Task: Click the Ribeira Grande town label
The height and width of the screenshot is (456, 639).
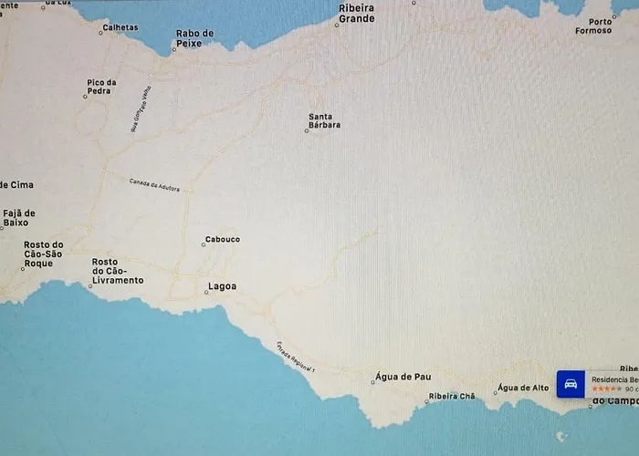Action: (356, 13)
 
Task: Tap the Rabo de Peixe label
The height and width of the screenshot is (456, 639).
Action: (194, 37)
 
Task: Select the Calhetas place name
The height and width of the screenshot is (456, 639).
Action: (120, 27)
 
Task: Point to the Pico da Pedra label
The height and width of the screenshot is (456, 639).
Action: (101, 88)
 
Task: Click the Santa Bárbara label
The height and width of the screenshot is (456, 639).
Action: (325, 120)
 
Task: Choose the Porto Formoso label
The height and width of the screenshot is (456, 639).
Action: (600, 26)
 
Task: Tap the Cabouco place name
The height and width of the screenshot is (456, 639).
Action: (223, 240)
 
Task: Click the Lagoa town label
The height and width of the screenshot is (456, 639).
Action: (223, 286)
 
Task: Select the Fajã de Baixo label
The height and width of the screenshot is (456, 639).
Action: (17, 218)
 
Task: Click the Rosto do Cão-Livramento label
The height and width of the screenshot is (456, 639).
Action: (118, 271)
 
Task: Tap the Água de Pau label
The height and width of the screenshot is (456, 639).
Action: (403, 377)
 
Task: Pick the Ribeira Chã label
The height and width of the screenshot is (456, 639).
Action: (450, 397)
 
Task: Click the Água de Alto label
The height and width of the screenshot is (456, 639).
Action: (524, 388)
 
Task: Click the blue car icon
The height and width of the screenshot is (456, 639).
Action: (571, 384)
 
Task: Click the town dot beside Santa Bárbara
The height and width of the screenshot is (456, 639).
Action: (307, 131)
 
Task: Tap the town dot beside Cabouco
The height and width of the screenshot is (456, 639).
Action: (203, 245)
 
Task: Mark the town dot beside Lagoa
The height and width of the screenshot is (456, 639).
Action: (206, 292)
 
